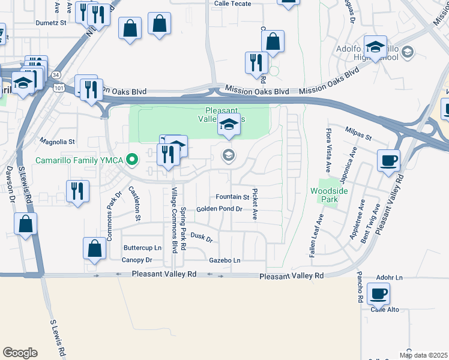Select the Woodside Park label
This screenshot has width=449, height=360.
tap(328, 195)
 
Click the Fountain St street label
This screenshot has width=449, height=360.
tap(232, 197)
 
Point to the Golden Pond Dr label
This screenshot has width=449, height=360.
tap(219, 209)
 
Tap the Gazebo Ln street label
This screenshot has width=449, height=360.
tap(224, 260)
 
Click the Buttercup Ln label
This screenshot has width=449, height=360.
tap(142, 248)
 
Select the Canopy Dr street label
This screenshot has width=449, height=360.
tap(137, 260)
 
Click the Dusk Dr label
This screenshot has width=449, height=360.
tap(202, 237)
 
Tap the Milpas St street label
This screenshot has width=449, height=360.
tap(359, 130)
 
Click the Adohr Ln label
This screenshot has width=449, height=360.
tap(390, 278)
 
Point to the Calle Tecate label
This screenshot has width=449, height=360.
tap(235, 3)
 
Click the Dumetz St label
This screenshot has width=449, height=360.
tap(51, 23)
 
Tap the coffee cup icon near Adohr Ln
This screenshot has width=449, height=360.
tap(378, 294)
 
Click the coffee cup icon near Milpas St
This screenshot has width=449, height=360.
tap(389, 160)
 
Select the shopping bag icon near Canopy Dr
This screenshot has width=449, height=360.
tap(95, 248)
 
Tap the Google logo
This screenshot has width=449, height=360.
tap(20, 353)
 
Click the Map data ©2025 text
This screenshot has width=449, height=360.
tap(423, 355)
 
